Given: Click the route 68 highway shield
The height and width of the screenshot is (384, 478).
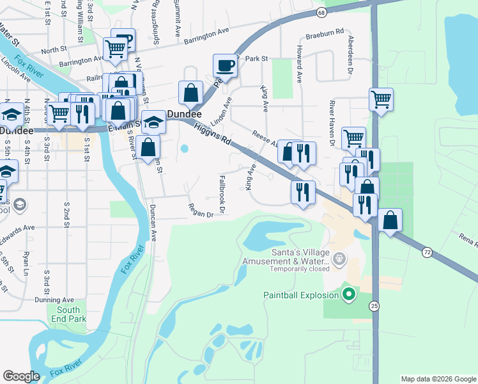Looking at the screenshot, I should click(x=321, y=12).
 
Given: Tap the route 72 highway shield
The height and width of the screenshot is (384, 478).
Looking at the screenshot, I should click(x=427, y=253).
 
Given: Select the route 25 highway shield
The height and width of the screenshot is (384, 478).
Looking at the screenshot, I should click(x=374, y=307).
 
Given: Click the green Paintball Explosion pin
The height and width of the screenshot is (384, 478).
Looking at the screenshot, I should click(x=348, y=294).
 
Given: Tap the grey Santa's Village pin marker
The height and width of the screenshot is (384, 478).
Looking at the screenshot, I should click(x=339, y=260).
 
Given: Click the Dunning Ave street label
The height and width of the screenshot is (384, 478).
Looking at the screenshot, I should click(x=56, y=299).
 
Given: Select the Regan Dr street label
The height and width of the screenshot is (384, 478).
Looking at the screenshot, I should click(x=200, y=210).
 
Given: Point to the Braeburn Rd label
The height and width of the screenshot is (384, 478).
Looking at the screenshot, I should click(x=325, y=32).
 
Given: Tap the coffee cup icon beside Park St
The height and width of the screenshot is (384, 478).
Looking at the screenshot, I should click(x=224, y=65).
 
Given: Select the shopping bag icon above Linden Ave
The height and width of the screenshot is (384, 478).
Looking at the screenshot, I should click(x=191, y=92).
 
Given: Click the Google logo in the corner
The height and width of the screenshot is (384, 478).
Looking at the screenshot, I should click(x=21, y=376).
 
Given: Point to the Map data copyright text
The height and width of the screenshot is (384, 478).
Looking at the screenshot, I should click(x=438, y=379).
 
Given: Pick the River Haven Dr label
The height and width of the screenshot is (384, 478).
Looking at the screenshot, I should click(x=332, y=120).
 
